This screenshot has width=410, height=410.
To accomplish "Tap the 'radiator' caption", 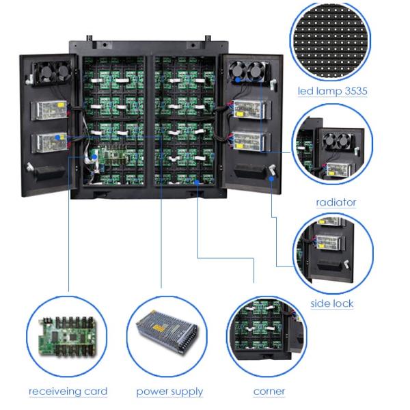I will (336, 202).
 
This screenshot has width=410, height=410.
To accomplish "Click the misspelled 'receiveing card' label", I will (68, 392).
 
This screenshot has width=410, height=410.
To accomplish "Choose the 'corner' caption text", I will (269, 392).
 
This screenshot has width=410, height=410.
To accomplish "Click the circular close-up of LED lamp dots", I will (333, 40).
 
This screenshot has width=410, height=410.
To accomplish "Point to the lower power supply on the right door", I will (249, 141).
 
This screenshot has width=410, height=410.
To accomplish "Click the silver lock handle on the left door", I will (30, 167).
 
